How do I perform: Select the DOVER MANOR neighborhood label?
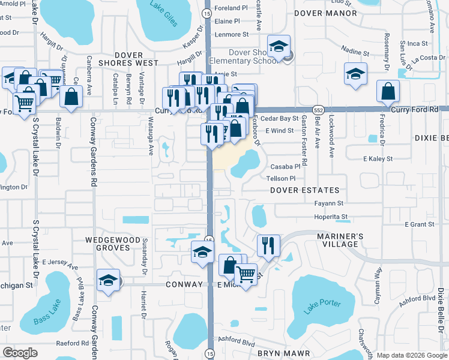tap(324, 12)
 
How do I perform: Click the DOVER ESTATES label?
tap(300, 190)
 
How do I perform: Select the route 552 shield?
tap(318, 110)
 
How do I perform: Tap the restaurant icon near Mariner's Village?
tap(268, 245)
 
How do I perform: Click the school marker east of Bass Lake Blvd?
tap(108, 281)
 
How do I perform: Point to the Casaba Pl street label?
tap(285, 167)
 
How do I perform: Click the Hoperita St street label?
tap(331, 217)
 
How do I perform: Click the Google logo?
tap(20, 353)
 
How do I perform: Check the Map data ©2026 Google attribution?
tap(412, 355)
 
